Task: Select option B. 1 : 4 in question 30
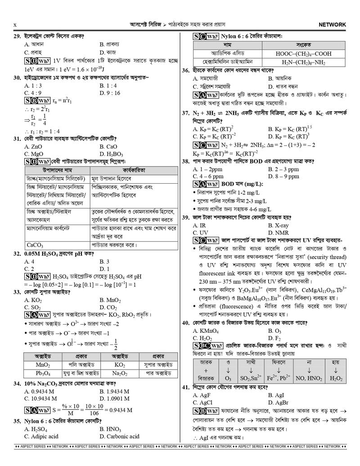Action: [x=110, y=86]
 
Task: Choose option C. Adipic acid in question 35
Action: [x=41, y=436]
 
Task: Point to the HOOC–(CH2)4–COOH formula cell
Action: [x=304, y=54]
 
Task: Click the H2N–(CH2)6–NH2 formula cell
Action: [x=304, y=62]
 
